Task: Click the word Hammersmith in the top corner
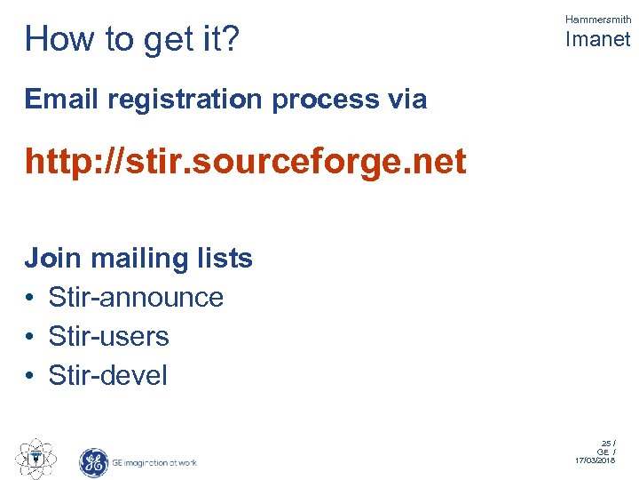coord(598,20)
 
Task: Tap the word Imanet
coord(598,40)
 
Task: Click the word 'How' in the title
coord(53,39)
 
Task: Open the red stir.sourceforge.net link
coord(246,162)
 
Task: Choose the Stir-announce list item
coord(136,298)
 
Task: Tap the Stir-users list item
coord(108,337)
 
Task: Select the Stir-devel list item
coord(107,376)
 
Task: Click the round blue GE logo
coord(94,461)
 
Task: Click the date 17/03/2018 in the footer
coord(596,460)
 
